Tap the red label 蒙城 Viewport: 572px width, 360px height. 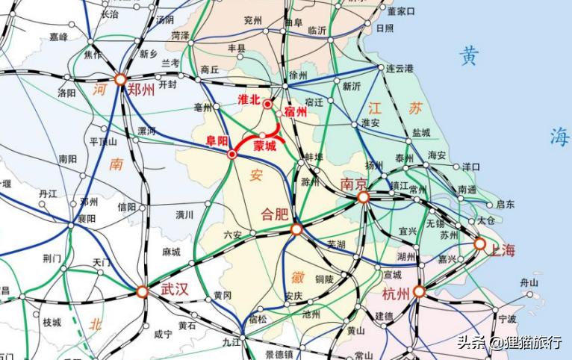point(265,146)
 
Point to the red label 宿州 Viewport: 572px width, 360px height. point(296,112)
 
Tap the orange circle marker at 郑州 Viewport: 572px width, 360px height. point(120,79)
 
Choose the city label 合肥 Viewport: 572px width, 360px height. point(273,213)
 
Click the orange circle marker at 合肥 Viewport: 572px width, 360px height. point(296,229)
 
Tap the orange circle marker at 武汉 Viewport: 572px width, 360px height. point(143,293)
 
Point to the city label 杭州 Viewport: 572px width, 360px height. point(395,293)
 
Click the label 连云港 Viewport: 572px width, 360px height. point(400,68)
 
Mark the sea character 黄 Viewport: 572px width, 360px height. point(469,55)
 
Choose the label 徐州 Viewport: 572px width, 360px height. point(299,75)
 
